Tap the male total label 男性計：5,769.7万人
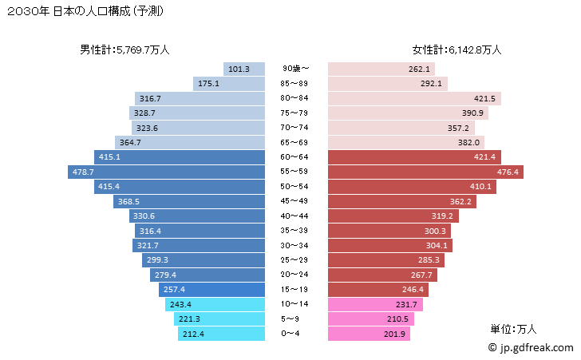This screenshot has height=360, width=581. tap(125, 49)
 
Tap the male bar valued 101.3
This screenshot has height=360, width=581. tap(244, 69)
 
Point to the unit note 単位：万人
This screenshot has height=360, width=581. tap(514, 328)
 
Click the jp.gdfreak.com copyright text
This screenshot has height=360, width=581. tap(529, 348)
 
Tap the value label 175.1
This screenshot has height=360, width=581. tap(208, 84)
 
